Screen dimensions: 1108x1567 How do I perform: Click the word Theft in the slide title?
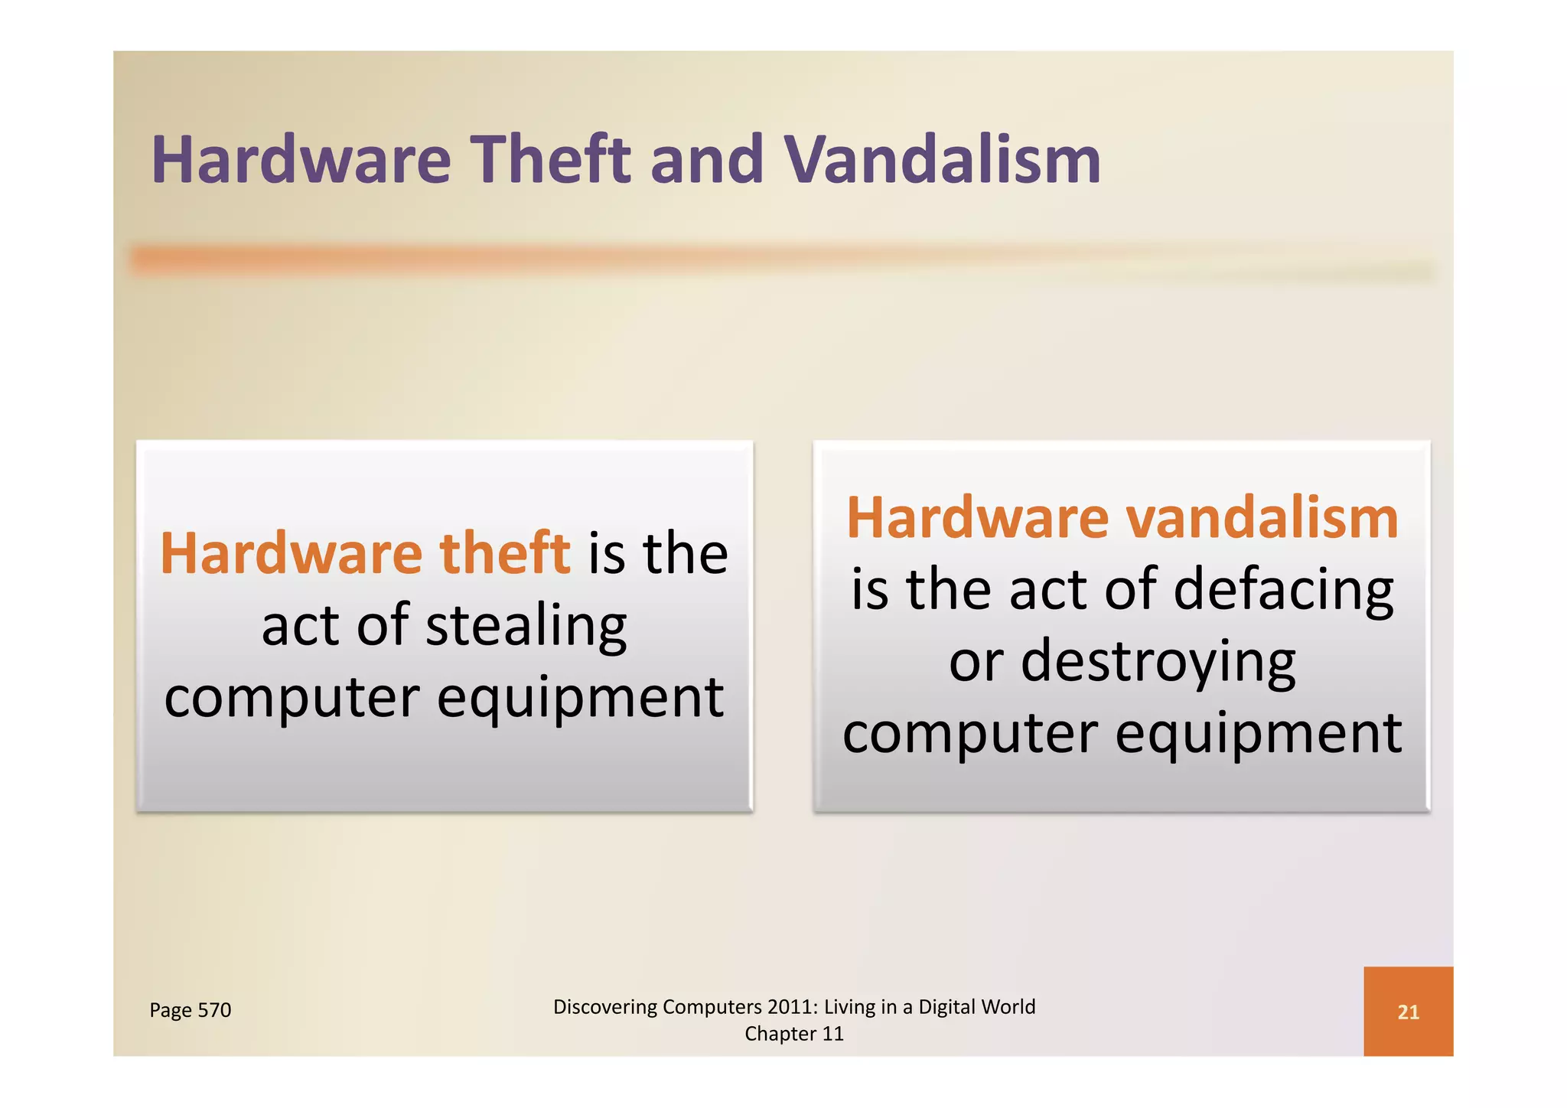click(550, 160)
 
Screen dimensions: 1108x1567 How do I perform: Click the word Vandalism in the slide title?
click(943, 160)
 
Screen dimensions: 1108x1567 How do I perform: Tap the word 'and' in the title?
click(706, 160)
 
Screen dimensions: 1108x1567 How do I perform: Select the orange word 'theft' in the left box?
click(505, 552)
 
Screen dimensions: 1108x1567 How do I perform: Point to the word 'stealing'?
click(526, 626)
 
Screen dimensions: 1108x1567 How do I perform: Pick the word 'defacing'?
click(1283, 590)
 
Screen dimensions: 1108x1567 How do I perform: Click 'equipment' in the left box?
click(580, 698)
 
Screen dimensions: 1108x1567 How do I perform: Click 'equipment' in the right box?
click(1259, 733)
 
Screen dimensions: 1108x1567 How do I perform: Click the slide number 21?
click(1408, 1012)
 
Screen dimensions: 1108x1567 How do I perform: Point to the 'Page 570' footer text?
click(190, 1010)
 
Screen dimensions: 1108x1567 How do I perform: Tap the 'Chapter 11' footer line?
click(793, 1034)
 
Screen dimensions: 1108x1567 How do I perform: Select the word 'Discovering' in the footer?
click(604, 1007)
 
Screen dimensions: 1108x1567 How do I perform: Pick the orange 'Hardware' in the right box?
click(977, 518)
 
